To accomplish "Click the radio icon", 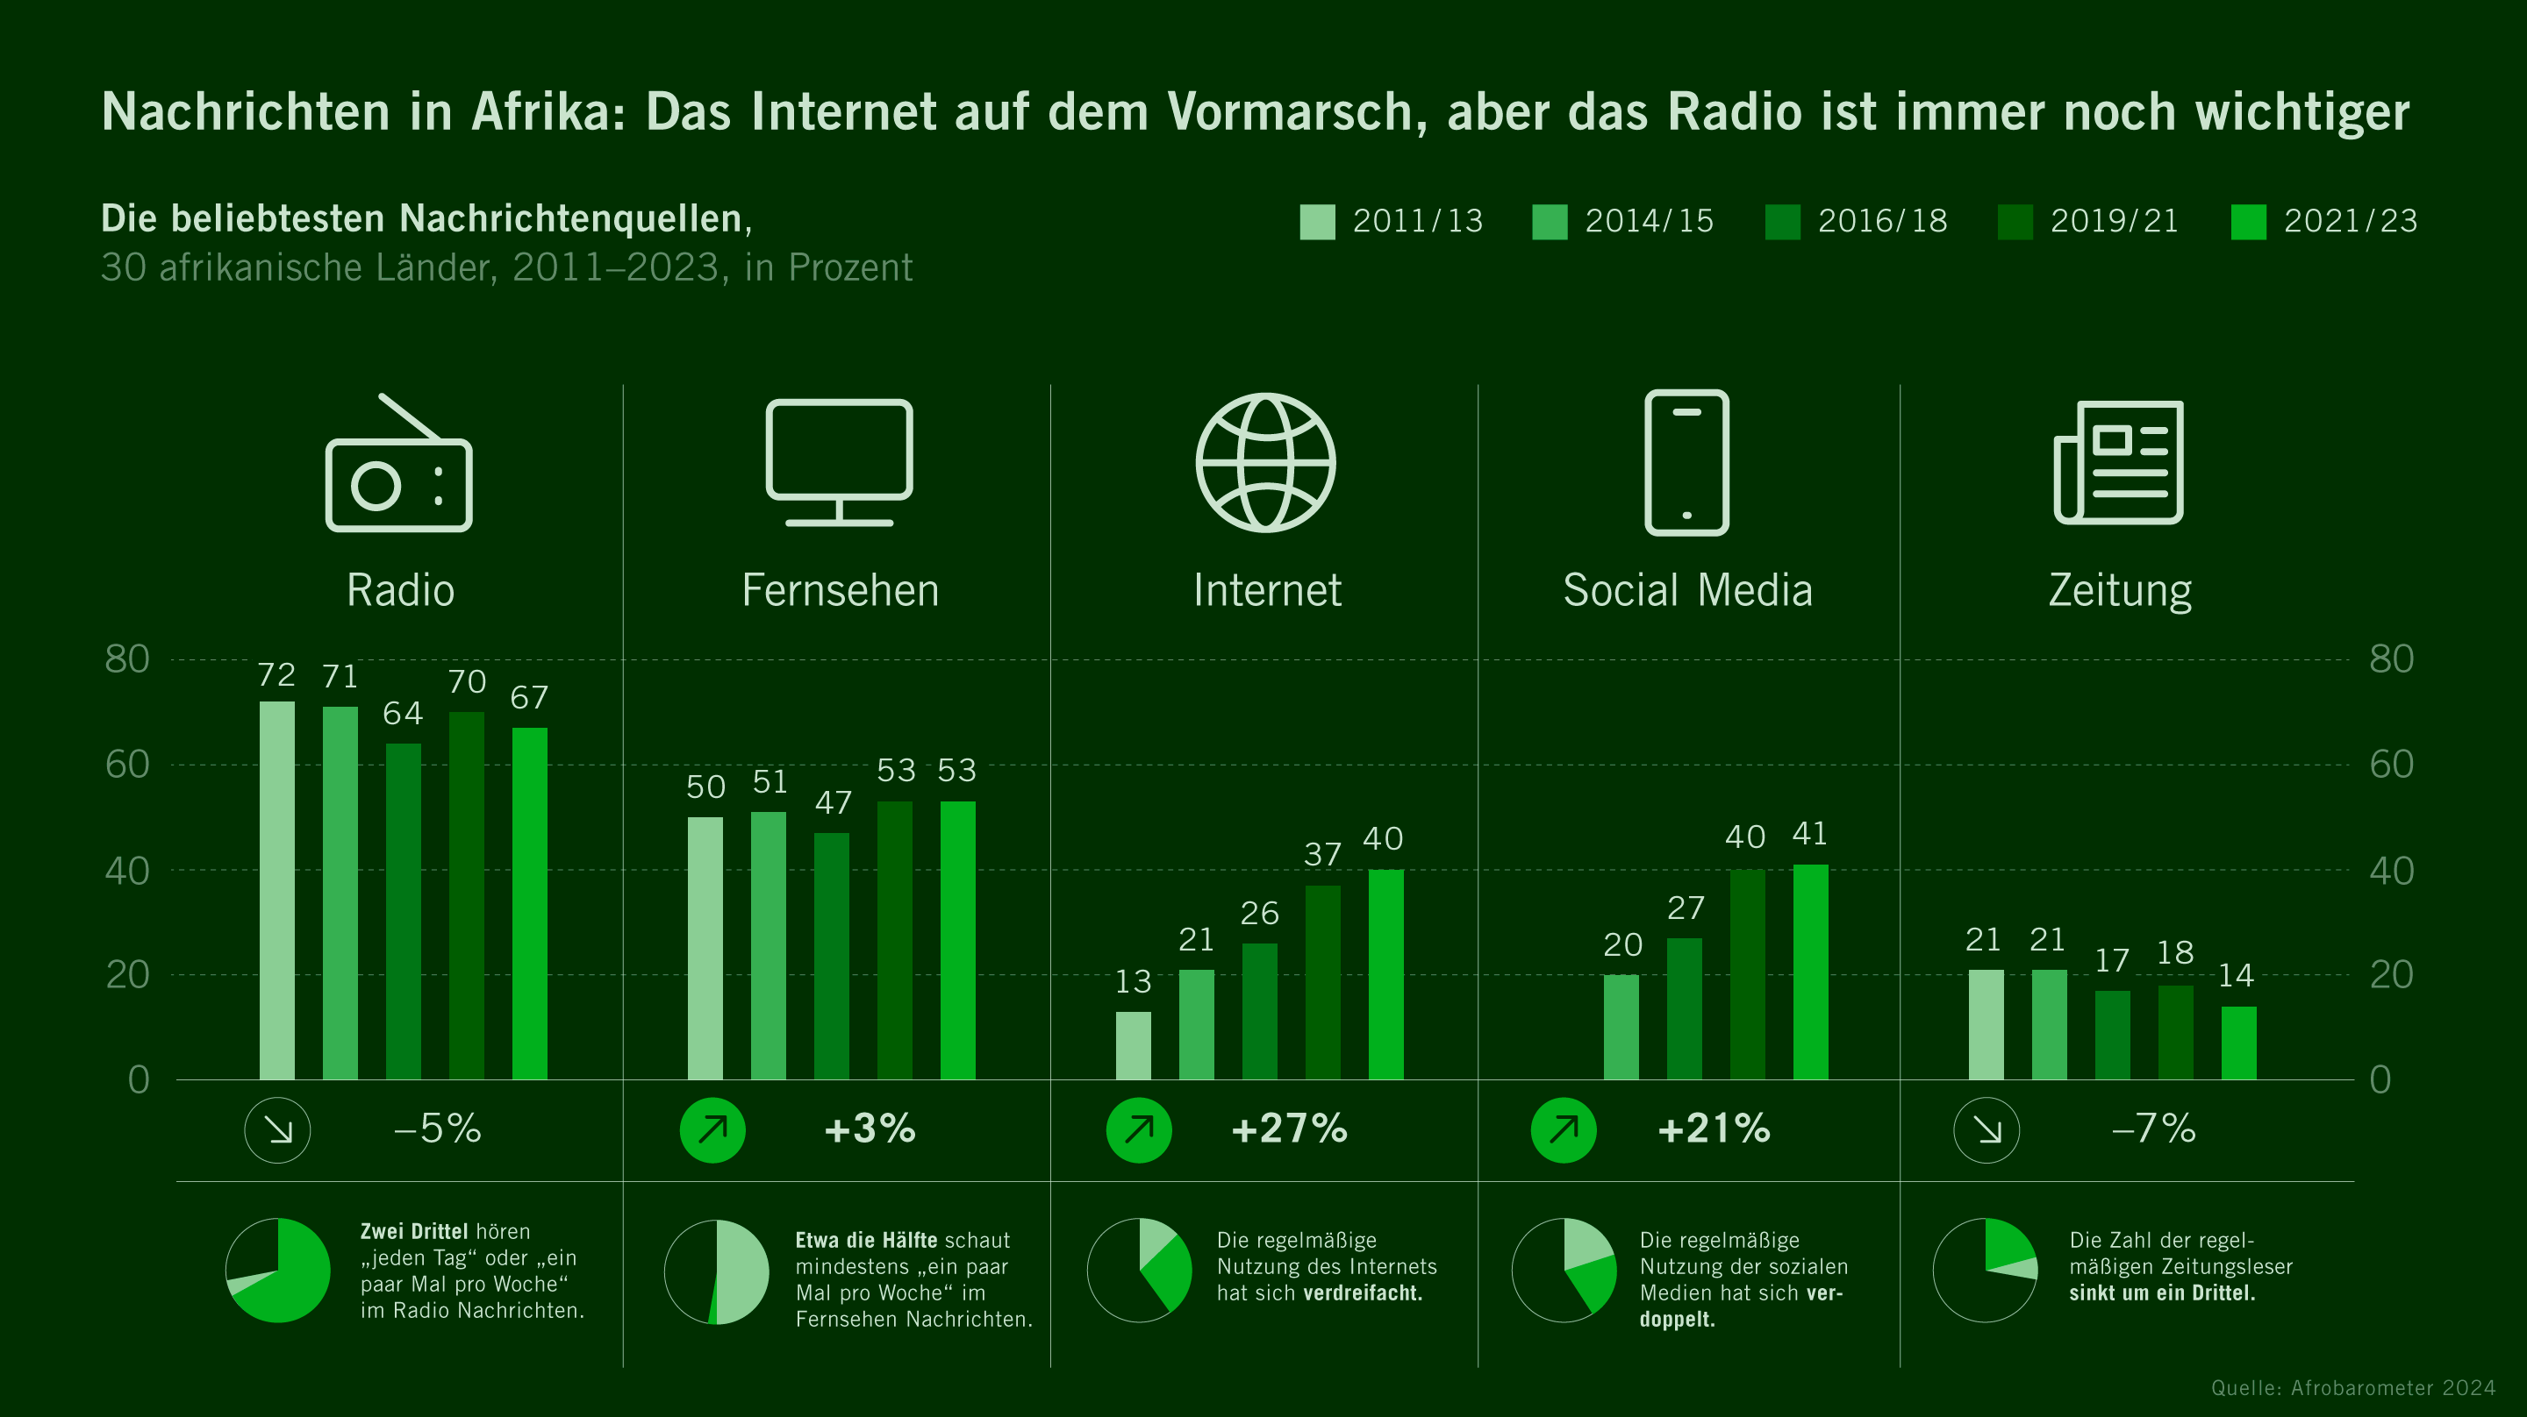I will click(398, 466).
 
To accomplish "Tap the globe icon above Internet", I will click(1265, 462).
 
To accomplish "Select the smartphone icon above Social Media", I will click(1686, 462).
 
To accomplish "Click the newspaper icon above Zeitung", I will click(2119, 462).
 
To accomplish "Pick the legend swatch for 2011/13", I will click(1316, 222).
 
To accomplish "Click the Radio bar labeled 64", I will click(404, 912).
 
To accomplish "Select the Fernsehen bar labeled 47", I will click(831, 956).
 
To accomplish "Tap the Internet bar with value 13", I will click(1133, 1045).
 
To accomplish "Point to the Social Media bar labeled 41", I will click(1810, 972).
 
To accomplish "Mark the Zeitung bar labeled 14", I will click(2238, 1043).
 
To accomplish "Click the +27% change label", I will click(1289, 1129).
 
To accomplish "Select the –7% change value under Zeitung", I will click(2153, 1129).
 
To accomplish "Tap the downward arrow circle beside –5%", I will click(277, 1129).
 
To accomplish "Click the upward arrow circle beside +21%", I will click(1564, 1129).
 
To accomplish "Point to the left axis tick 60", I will click(127, 765).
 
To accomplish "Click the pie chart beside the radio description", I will click(277, 1270).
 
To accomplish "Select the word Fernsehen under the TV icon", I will click(840, 590).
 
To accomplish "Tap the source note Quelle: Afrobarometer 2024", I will click(2352, 1387).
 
